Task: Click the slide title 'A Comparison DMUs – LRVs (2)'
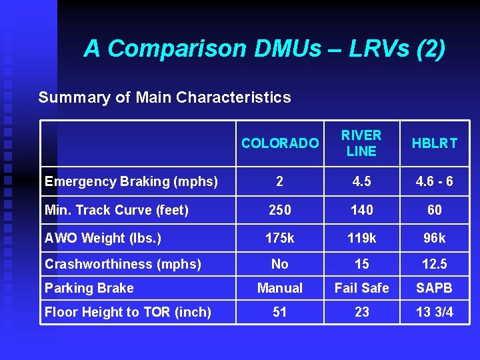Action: coord(264,49)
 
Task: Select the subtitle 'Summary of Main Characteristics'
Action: coord(165,97)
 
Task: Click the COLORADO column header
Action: coord(279,143)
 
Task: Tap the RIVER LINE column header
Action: coord(361,143)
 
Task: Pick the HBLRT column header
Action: coord(434,143)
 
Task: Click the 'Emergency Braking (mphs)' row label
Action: coord(131,181)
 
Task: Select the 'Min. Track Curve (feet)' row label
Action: coord(117,210)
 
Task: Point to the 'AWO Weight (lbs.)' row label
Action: coord(103,238)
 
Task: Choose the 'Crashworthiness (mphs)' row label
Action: coord(123,264)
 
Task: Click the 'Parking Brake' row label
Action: coord(89,288)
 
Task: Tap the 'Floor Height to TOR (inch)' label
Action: coord(128,312)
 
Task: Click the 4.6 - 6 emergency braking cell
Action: coord(434,181)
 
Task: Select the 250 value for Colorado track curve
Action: coord(279,210)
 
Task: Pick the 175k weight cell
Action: coord(279,238)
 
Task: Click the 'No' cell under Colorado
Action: coord(279,264)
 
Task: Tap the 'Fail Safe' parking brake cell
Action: coord(361,288)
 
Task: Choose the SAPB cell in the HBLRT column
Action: coord(434,288)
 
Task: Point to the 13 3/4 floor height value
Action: coord(434,312)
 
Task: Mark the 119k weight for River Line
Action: coord(361,238)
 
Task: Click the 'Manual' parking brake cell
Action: coord(279,288)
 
